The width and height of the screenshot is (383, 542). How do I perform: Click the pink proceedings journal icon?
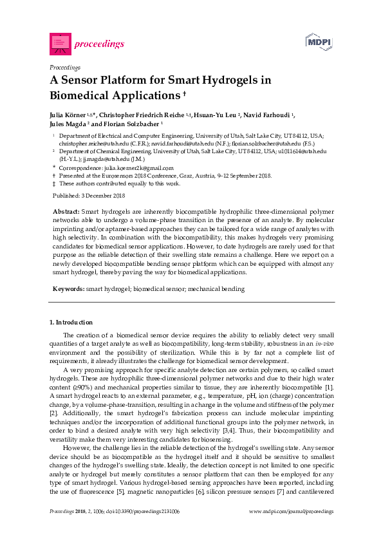tap(59, 43)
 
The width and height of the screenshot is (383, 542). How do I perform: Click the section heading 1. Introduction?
tap(71, 322)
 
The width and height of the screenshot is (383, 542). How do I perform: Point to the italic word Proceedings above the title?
tap(64, 67)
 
